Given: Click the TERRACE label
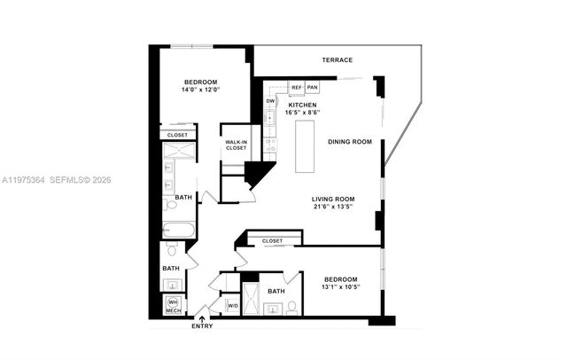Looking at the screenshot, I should coord(337,60).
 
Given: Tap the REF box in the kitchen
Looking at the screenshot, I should coord(297,88).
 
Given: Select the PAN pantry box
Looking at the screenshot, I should coord(313,88).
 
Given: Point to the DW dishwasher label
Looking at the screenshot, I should coord(271,101).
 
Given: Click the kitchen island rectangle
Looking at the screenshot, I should coord(304,145).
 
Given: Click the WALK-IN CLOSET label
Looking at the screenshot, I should coord(236,145).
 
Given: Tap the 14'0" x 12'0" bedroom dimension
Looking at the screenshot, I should coord(187,90).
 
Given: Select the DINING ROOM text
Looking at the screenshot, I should coord(349,142).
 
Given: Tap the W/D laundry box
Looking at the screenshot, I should coord(233,306).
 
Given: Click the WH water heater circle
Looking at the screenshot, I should coord(174,302).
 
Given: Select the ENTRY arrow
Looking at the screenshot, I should coord(201,314).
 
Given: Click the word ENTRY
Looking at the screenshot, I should coord(201,326).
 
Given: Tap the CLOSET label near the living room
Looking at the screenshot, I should coord(272,240).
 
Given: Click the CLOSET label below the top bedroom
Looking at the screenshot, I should coord(177,135).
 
